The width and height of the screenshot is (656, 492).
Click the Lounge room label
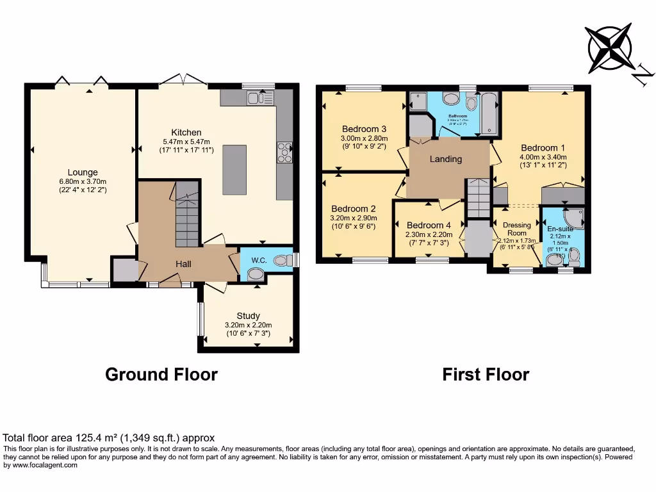83,172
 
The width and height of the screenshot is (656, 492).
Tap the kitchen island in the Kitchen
234,170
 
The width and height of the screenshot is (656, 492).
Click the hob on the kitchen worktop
284,152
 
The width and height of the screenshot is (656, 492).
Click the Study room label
248,316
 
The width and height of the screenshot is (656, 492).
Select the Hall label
184,263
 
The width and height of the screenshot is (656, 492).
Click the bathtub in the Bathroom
489,114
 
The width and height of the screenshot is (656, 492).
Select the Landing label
445,159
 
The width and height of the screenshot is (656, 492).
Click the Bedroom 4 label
428,225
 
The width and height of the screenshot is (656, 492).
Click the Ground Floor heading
161,374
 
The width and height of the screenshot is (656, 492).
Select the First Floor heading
486,374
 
